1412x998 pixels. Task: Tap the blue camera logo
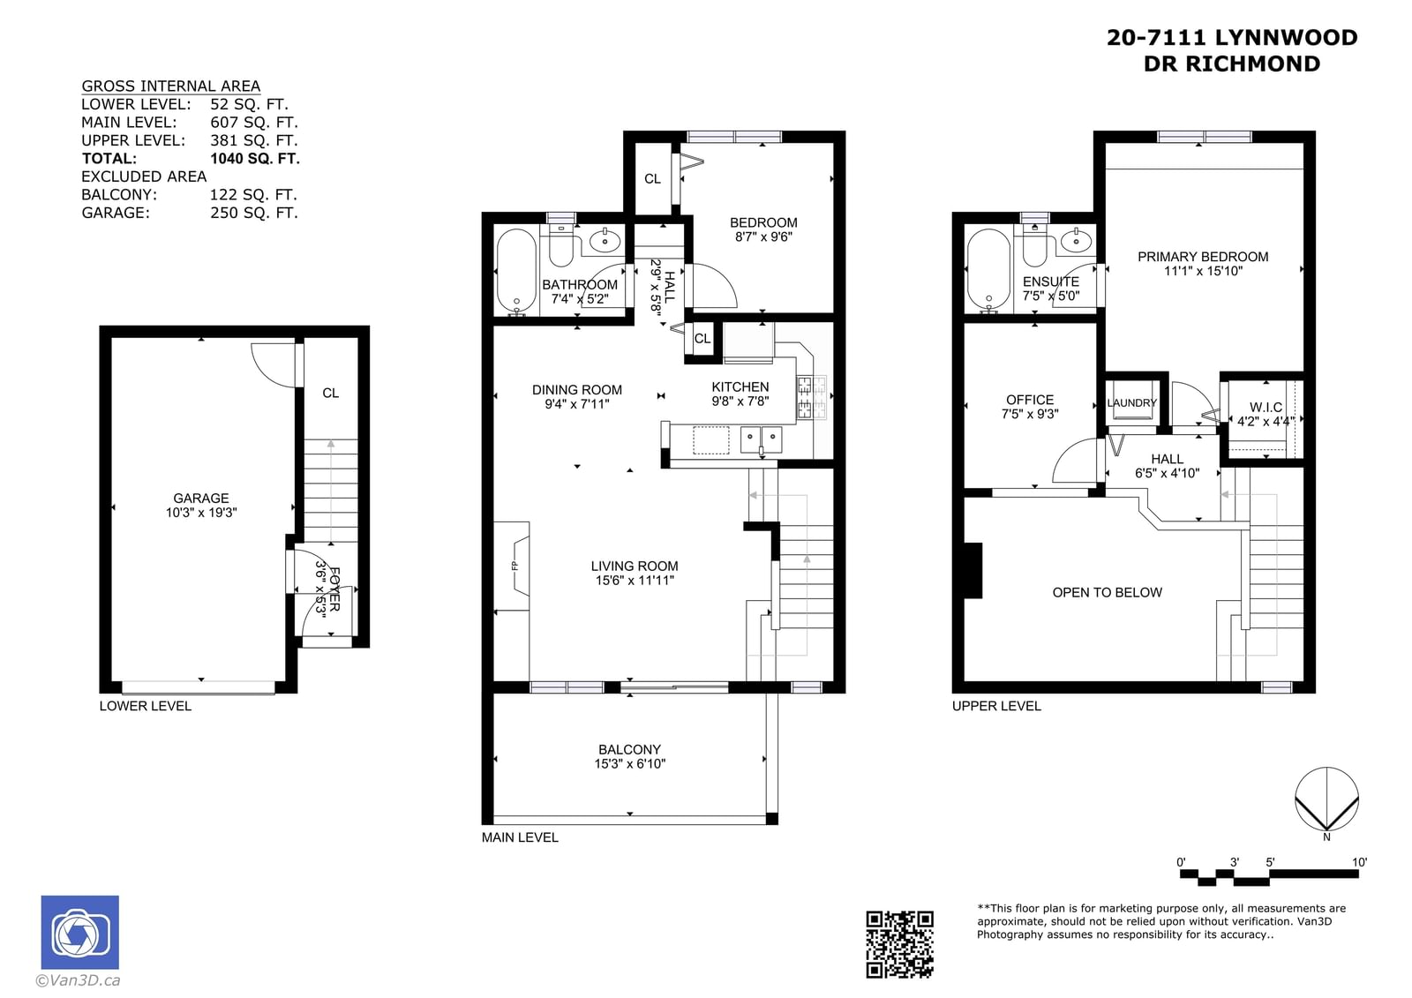(x=80, y=932)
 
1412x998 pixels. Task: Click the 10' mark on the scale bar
(x=1359, y=862)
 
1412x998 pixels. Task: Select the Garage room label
(x=201, y=498)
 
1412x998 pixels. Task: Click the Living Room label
(x=635, y=567)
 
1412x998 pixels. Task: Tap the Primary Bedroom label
(x=1203, y=257)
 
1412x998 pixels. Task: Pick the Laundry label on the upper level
(x=1131, y=403)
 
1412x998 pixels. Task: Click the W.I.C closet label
(x=1266, y=408)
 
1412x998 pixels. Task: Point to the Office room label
(x=1030, y=400)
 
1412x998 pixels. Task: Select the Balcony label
(x=630, y=750)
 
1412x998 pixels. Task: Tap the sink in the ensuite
(x=1076, y=240)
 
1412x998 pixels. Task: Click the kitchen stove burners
(x=811, y=397)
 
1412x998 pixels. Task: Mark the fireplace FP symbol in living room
(x=514, y=566)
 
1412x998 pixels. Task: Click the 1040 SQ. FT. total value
(x=255, y=158)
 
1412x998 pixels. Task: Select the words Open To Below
(x=1107, y=593)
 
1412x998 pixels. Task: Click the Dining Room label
(x=577, y=390)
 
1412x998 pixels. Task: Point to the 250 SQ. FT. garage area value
(x=254, y=213)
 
